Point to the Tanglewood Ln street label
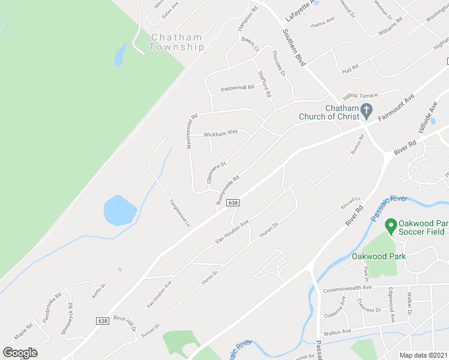point(179,213)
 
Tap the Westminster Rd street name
point(191,131)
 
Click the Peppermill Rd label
point(237,88)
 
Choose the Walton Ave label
point(337,332)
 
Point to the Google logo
point(20,352)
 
